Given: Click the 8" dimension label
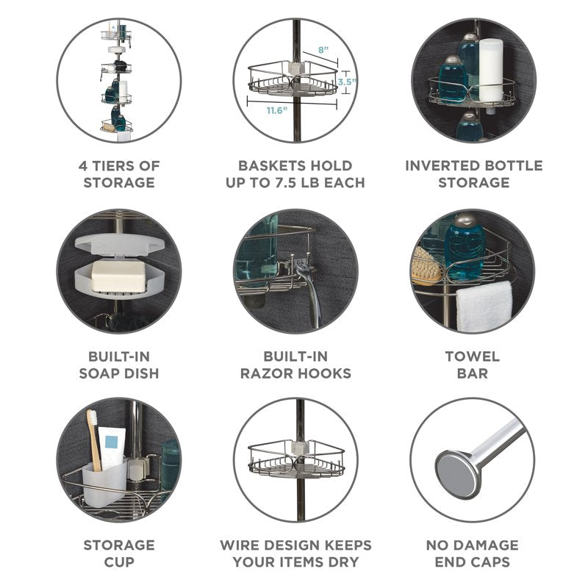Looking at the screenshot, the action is pyautogui.click(x=323, y=50).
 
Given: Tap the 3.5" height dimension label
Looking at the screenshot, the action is pyautogui.click(x=346, y=82).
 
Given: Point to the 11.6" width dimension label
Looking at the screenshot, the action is pyautogui.click(x=277, y=110).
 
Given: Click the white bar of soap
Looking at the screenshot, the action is pyautogui.click(x=118, y=276).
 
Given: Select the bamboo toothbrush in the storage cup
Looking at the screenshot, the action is pyautogui.click(x=94, y=440).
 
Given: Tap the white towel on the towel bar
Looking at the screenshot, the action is pyautogui.click(x=484, y=306).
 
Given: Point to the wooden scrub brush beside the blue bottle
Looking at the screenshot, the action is pyautogui.click(x=427, y=267).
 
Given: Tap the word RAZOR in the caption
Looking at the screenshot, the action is pyautogui.click(x=264, y=373).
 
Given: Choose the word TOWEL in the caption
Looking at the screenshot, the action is pyautogui.click(x=473, y=356).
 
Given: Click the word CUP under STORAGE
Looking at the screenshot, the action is pyautogui.click(x=119, y=562).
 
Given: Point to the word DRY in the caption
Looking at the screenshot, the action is pyautogui.click(x=343, y=562).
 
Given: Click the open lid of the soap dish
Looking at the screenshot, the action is pyautogui.click(x=120, y=244).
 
